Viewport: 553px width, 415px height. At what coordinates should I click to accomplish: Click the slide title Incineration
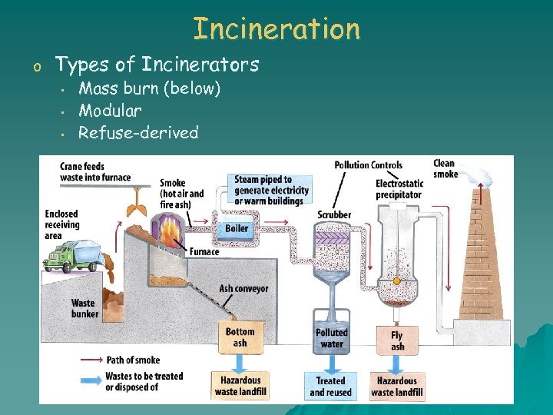276,28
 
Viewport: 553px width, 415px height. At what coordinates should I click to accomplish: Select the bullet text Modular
110,111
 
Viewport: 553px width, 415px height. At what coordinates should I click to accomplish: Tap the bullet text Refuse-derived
138,132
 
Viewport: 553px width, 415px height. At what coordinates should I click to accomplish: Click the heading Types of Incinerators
157,65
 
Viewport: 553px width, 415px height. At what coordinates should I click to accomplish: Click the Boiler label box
237,228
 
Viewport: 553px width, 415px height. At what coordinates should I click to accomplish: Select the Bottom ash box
240,337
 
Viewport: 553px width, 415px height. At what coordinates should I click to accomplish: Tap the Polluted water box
332,338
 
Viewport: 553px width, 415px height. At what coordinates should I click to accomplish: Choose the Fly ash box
397,340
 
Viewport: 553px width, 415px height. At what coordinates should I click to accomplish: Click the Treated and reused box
332,386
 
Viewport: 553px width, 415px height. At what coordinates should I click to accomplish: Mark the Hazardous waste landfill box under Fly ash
397,386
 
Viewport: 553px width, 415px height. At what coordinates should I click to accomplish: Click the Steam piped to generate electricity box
272,190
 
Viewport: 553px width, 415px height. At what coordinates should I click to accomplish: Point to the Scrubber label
334,214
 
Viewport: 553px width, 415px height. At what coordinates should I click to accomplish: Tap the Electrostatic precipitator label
399,189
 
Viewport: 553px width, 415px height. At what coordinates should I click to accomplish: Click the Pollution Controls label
368,164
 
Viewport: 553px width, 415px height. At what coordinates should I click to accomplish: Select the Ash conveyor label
243,289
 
